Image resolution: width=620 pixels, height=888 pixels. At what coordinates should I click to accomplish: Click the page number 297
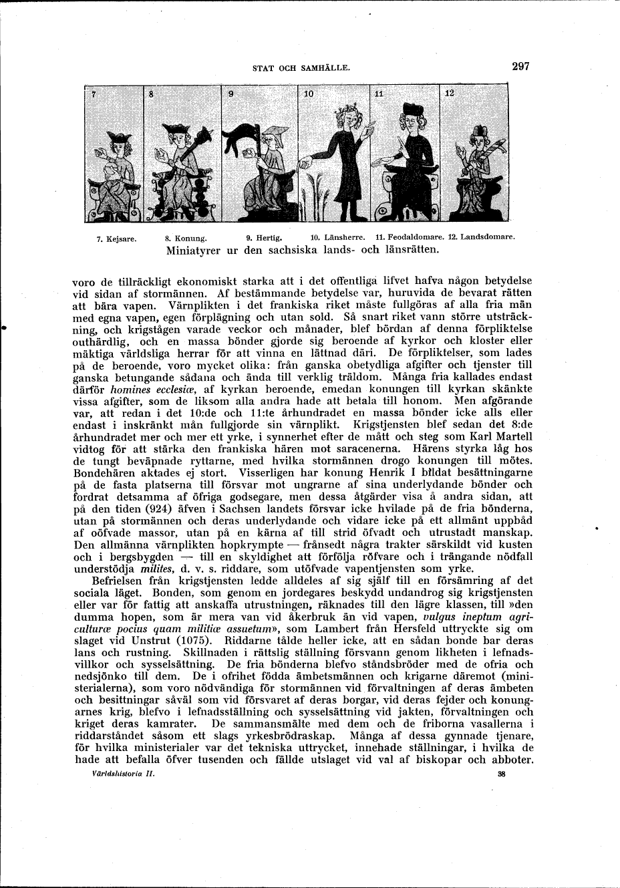520,66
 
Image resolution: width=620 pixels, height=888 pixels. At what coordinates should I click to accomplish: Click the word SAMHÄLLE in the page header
325,67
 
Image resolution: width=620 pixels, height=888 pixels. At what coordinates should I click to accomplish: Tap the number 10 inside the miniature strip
308,94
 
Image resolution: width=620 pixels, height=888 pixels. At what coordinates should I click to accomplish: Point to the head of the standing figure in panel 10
349,118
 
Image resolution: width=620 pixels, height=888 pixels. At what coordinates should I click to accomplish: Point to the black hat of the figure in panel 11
409,109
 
